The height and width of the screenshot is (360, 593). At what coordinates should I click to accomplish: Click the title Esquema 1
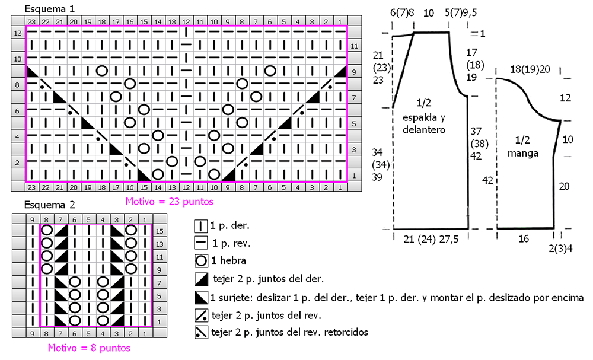tap(50, 9)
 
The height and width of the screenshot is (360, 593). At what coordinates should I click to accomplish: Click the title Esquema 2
tap(50, 205)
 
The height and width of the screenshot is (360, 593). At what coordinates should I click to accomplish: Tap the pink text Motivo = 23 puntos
tap(170, 202)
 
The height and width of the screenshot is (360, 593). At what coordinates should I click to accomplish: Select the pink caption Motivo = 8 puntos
tap(89, 348)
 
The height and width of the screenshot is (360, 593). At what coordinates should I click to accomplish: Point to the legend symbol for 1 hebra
tap(201, 260)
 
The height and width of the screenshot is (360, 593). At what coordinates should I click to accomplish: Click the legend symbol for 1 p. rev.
tap(201, 243)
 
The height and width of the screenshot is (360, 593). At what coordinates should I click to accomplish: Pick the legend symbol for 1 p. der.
tap(201, 226)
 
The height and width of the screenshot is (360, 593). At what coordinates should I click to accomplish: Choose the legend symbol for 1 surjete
tap(201, 298)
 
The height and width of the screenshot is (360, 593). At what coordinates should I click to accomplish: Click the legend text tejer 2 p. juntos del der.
tap(269, 279)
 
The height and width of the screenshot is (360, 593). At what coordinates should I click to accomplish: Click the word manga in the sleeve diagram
tap(522, 153)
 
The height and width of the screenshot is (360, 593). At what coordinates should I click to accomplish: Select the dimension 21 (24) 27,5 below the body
tap(431, 240)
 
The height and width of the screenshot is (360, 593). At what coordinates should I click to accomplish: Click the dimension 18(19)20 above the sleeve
tap(530, 69)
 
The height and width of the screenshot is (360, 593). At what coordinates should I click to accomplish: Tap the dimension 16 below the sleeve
tap(524, 238)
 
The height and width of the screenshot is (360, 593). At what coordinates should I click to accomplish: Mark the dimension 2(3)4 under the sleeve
tap(561, 249)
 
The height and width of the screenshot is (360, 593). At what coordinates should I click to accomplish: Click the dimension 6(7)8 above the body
tap(402, 13)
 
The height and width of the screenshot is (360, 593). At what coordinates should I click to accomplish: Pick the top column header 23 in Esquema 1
tap(31, 22)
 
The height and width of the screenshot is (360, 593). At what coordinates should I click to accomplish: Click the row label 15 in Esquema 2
tap(160, 231)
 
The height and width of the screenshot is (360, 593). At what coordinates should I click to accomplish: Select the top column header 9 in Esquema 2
tap(33, 219)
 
